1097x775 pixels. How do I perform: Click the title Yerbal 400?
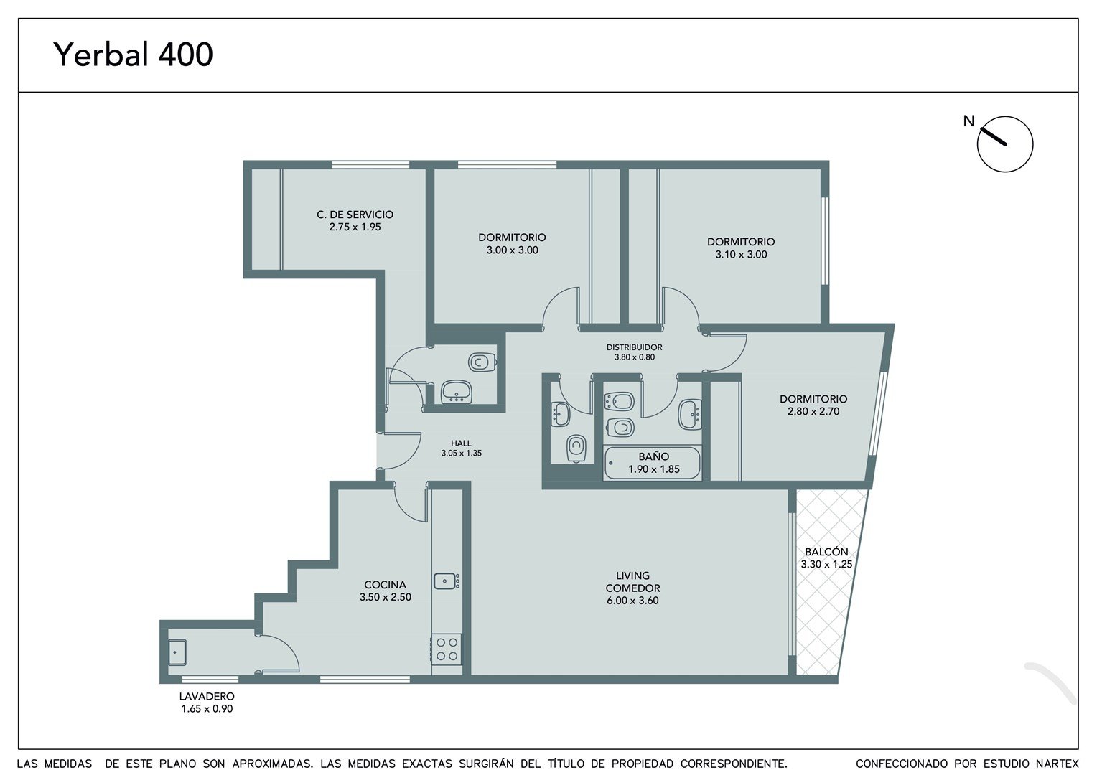tap(133, 55)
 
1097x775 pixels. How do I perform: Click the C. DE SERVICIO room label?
tap(355, 215)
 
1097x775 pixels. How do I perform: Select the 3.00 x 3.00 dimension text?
tap(513, 250)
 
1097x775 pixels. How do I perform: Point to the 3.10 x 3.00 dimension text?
tap(741, 255)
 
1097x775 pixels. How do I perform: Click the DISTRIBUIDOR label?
tap(634, 347)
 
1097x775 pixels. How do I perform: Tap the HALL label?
tap(462, 443)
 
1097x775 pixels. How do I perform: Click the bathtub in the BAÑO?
tap(652, 463)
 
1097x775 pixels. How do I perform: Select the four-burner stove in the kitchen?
tap(447, 649)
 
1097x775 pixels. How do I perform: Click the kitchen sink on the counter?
tap(446, 581)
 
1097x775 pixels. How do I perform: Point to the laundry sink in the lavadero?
tap(177, 652)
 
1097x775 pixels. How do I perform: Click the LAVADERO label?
tap(207, 696)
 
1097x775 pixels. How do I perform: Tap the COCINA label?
tap(385, 585)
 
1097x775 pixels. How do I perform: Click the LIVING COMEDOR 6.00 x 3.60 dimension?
tap(632, 601)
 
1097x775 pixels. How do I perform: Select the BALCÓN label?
tap(826, 551)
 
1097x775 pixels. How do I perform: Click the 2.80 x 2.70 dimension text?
tap(813, 412)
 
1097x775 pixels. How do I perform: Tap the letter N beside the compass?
tap(969, 121)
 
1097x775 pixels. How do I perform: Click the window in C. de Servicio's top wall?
tap(370, 164)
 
